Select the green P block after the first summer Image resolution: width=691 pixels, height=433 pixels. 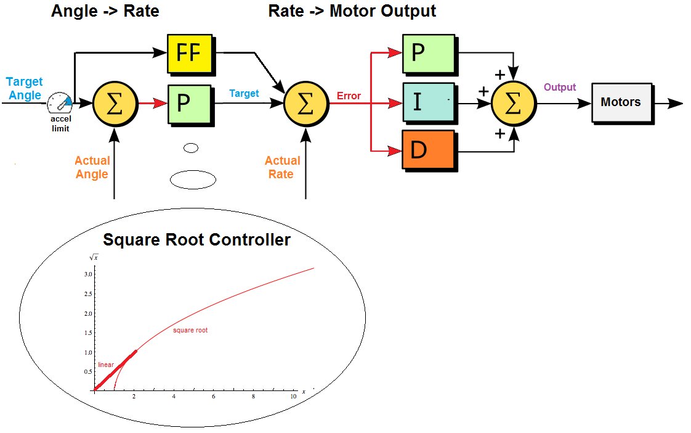(188, 102)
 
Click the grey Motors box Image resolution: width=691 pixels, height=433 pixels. (620, 102)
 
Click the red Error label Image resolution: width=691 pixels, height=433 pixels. (349, 96)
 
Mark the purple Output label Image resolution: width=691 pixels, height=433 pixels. (560, 88)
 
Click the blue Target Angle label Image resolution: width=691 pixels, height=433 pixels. (24, 88)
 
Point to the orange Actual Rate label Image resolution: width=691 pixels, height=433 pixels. (283, 167)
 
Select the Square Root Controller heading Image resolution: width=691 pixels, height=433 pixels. (196, 240)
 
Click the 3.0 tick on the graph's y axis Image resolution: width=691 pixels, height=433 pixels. (88, 274)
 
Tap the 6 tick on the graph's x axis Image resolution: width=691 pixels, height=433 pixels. (213, 396)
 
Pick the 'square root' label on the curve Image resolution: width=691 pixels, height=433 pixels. (190, 331)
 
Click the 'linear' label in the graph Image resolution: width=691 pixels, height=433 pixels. (106, 365)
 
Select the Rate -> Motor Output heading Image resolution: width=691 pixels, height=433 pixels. (352, 11)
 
